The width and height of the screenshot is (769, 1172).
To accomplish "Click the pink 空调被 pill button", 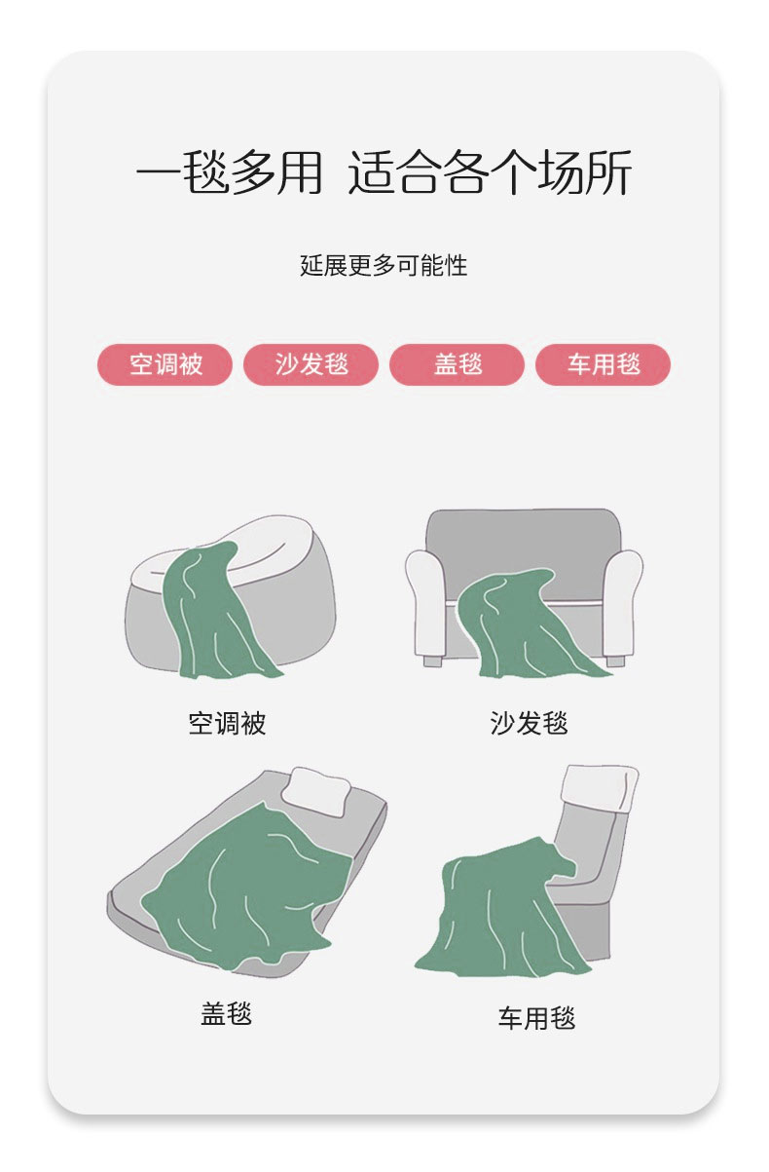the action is click(165, 364).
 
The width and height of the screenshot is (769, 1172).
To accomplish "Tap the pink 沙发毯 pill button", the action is click(311, 364).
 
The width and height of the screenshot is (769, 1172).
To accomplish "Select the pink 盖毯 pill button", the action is click(457, 364).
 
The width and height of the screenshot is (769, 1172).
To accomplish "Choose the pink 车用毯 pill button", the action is click(603, 364).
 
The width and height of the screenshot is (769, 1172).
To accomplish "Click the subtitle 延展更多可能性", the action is click(384, 265).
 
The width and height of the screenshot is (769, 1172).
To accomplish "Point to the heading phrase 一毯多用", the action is click(230, 172).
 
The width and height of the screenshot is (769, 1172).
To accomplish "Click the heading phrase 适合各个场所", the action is click(491, 172).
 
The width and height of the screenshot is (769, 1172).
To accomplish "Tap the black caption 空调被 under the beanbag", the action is click(227, 724).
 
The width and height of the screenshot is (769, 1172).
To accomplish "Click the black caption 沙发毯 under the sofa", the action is click(529, 724).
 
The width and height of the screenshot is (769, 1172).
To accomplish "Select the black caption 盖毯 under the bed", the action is click(227, 1013).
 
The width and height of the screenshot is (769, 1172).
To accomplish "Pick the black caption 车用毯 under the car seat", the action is click(536, 1018).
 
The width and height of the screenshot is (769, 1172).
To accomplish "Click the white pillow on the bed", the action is click(315, 792).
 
